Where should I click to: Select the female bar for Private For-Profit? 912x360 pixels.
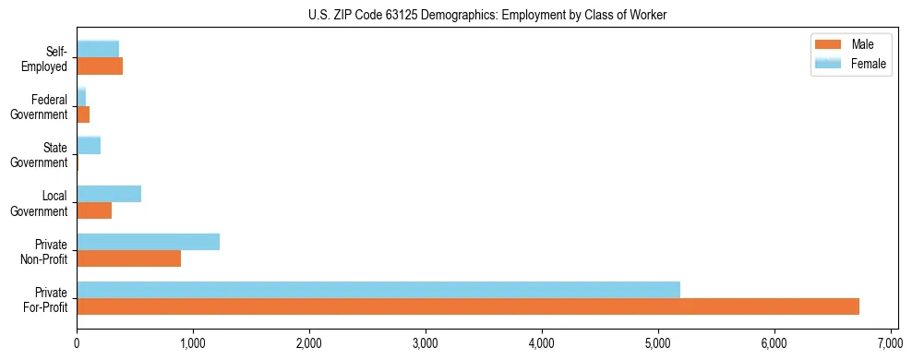pyautogui.click(x=378, y=290)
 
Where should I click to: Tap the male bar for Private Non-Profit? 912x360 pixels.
pyautogui.click(x=128, y=258)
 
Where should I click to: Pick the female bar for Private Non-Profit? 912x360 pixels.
pyautogui.click(x=148, y=242)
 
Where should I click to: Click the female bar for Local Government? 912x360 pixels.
pyautogui.click(x=109, y=194)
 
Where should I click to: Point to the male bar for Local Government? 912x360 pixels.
pyautogui.click(x=94, y=210)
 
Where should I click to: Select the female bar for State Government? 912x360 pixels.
pyautogui.click(x=89, y=145)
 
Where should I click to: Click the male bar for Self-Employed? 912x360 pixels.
pyautogui.click(x=100, y=66)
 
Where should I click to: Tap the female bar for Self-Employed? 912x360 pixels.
pyautogui.click(x=98, y=49)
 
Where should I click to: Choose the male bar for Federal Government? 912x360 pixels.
pyautogui.click(x=83, y=114)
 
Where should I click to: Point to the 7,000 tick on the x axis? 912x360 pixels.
pyautogui.click(x=891, y=343)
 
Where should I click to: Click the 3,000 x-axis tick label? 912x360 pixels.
pyautogui.click(x=426, y=343)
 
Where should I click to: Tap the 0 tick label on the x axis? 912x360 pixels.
pyautogui.click(x=77, y=343)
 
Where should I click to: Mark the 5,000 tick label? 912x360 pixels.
pyautogui.click(x=658, y=343)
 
